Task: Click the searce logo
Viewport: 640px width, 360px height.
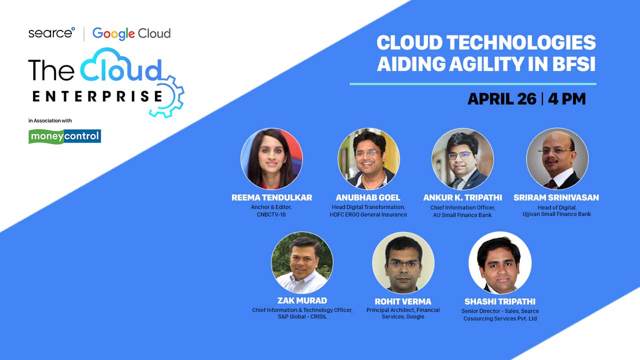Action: [51, 33]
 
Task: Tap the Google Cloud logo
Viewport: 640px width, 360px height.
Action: [131, 33]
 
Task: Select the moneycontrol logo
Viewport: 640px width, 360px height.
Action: [64, 136]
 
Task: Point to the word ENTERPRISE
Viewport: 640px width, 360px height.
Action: [97, 96]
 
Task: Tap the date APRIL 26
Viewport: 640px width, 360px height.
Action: [502, 99]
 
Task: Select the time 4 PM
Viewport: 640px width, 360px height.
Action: [567, 99]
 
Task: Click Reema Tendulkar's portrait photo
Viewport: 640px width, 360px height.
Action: [271, 158]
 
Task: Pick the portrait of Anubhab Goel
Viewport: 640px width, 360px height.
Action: [368, 158]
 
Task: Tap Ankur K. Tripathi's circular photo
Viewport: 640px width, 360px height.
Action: [462, 158]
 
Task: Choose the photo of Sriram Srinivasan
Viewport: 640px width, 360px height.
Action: [557, 158]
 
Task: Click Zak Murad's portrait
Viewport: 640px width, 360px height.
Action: [302, 262]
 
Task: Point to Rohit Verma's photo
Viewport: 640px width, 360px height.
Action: [403, 262]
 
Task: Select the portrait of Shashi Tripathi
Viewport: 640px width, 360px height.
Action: [500, 262]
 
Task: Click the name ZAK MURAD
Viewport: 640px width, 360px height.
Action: [302, 300]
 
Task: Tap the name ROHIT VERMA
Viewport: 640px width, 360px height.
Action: [403, 301]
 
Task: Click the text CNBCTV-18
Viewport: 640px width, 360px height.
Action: [271, 214]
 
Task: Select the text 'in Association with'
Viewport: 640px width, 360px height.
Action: [50, 120]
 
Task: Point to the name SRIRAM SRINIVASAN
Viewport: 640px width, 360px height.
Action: [556, 197]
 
